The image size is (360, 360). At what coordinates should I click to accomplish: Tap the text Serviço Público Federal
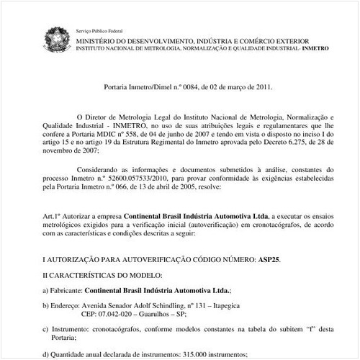[99, 31]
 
